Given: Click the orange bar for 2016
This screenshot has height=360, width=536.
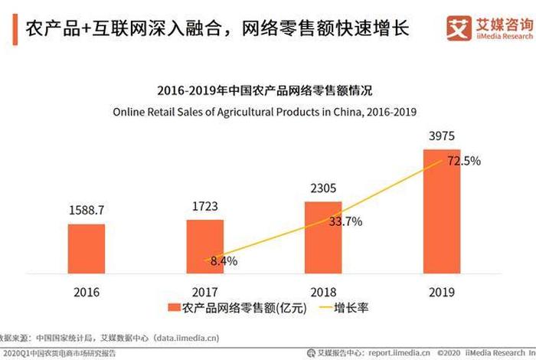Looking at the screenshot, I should pos(87,248).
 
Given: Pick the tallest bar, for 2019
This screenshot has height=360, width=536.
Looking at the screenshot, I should pos(443,211).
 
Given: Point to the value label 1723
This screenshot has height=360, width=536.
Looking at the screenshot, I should pos(205,206).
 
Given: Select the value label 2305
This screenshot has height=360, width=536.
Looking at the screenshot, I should pos(324,187).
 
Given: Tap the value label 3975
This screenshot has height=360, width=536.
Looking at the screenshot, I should pos(443,136).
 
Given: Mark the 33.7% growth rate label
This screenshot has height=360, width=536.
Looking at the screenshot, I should pos(345,222).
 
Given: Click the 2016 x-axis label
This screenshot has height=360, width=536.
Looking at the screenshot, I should pos(87,292).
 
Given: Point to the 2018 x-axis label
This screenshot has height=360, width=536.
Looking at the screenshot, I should pos(324,292).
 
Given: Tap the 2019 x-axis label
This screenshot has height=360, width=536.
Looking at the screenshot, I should pos(443,292).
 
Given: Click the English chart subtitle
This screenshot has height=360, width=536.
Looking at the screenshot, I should pos(264,112).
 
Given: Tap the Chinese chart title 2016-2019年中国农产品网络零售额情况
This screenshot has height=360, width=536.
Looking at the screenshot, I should pos(264,91).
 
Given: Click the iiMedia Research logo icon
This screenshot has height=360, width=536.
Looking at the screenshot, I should pos(459,29).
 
